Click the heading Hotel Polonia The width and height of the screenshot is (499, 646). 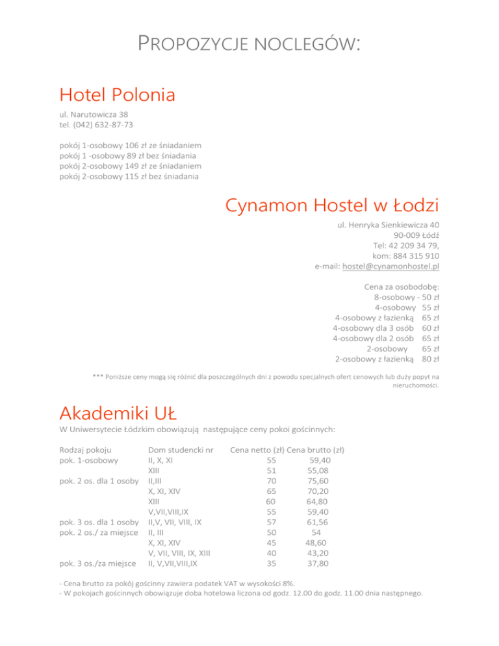click(x=117, y=95)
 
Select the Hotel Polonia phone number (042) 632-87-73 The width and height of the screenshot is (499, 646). click(x=106, y=124)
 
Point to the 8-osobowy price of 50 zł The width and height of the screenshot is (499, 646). click(x=428, y=296)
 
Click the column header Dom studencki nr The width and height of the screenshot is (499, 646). click(x=181, y=450)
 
